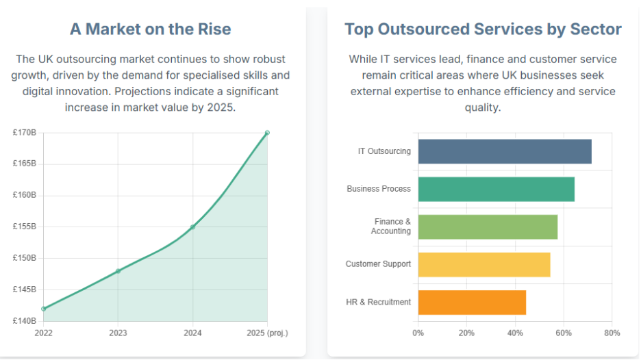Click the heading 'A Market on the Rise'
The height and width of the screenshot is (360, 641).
(x=150, y=29)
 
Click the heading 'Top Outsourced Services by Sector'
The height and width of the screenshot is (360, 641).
(x=483, y=29)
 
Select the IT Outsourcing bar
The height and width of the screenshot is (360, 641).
(x=504, y=151)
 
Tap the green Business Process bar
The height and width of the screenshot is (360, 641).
(x=496, y=189)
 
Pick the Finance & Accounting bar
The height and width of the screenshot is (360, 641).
(x=487, y=227)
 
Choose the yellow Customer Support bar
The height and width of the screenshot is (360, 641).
(x=483, y=264)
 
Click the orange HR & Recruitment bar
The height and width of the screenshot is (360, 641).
(x=471, y=302)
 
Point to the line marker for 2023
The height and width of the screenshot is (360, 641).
(x=118, y=271)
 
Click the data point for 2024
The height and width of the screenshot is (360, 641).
(x=192, y=227)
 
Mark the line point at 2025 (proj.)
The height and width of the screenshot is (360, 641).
(x=267, y=133)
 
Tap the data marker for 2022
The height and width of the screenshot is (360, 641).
(x=44, y=309)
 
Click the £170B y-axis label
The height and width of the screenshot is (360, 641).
(x=25, y=133)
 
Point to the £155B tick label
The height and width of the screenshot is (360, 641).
(x=25, y=227)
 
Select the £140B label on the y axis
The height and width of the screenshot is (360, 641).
(x=25, y=321)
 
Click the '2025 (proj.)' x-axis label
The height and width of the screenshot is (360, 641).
(x=267, y=333)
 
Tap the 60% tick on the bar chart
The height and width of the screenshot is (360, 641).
(x=564, y=333)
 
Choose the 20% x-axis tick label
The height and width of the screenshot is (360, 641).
(x=466, y=333)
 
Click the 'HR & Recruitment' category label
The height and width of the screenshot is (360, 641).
(x=379, y=302)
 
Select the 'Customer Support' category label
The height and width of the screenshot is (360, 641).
(x=378, y=264)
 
